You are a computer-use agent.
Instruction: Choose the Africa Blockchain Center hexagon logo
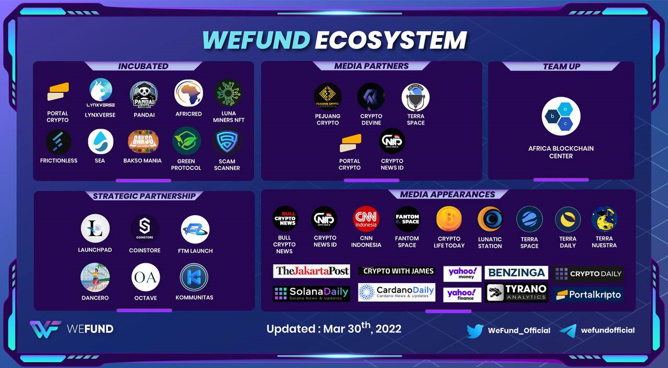(560, 117)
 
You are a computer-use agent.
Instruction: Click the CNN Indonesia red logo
(366, 219)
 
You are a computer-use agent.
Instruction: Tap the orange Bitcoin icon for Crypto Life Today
(449, 219)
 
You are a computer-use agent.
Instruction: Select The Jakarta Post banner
(311, 271)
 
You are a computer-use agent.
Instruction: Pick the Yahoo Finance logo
(462, 295)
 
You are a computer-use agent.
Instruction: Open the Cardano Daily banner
(397, 292)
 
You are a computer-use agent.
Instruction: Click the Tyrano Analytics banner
(516, 292)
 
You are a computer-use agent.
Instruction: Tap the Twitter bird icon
(474, 330)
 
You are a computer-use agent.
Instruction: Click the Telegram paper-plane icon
(568, 330)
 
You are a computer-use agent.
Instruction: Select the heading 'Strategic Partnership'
(144, 196)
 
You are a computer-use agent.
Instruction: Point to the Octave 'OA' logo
(146, 277)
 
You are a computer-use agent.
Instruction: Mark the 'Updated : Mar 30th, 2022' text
(333, 328)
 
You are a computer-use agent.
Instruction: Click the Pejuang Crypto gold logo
(327, 97)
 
